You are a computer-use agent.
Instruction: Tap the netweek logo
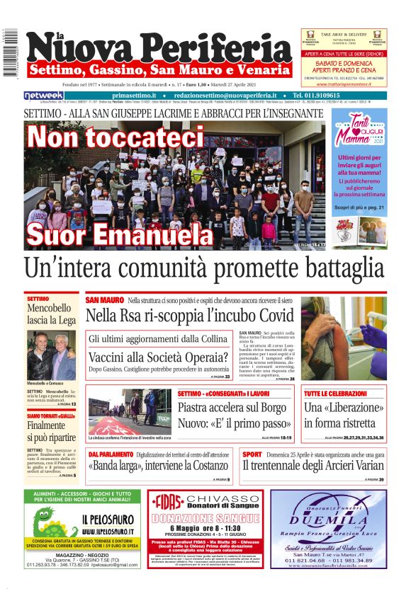coord(43,95)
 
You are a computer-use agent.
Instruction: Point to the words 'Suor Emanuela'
coord(107,234)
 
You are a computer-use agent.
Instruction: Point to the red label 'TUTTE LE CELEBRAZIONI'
coord(335,393)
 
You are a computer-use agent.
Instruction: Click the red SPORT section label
coord(252,454)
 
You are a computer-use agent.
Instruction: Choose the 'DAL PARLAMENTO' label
coord(111,454)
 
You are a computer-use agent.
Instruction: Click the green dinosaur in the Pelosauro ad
coord(49,527)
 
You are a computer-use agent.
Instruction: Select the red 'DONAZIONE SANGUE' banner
coord(208,519)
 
